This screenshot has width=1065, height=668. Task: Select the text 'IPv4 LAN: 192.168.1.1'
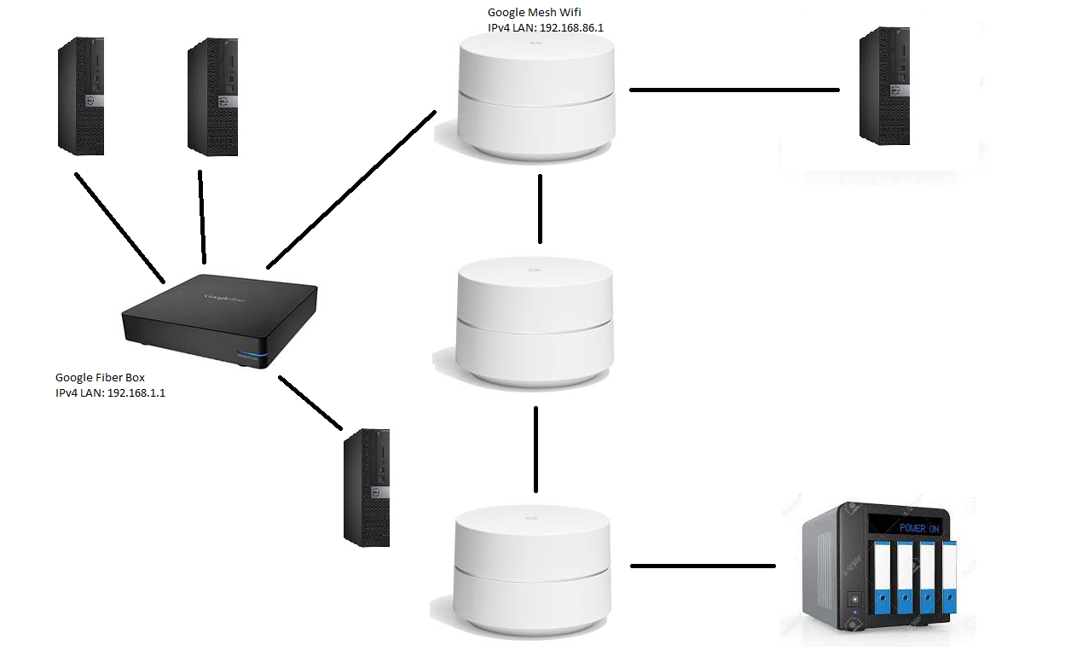110,393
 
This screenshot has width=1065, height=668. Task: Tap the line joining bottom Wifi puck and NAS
703,566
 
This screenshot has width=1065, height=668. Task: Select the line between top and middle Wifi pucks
540,208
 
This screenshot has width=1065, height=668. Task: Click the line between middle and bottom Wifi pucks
535,450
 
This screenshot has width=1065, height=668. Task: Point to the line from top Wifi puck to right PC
734,89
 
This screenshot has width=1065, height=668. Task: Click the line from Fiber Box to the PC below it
310,401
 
